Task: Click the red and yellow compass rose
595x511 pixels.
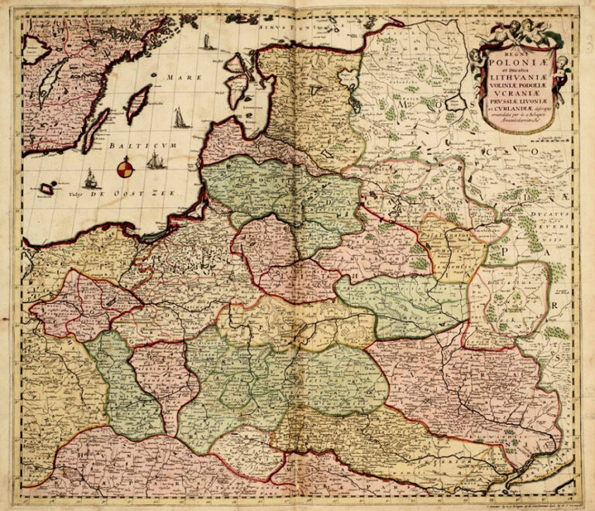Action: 125,166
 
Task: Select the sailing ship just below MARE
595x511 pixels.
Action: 179,118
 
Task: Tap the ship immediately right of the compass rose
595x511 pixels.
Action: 155,161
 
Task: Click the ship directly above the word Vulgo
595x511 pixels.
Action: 91,179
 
